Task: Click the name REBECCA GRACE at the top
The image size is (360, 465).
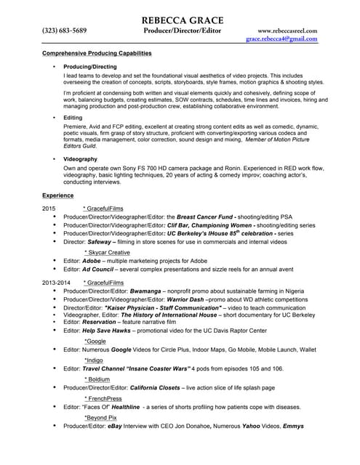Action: point(183,20)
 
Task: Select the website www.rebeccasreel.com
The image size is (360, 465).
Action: point(287,31)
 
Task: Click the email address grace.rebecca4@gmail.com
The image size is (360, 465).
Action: point(281,39)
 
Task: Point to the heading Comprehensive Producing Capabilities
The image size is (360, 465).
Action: point(97,54)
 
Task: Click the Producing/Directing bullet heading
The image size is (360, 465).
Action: point(89,65)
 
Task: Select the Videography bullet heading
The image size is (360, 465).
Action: point(80,158)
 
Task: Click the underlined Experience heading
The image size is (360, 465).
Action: point(57,195)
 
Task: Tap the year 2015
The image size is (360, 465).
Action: point(49,208)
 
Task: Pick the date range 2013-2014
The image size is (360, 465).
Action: point(56,282)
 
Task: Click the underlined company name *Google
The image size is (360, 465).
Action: point(95,340)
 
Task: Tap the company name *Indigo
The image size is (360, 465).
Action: point(94,359)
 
